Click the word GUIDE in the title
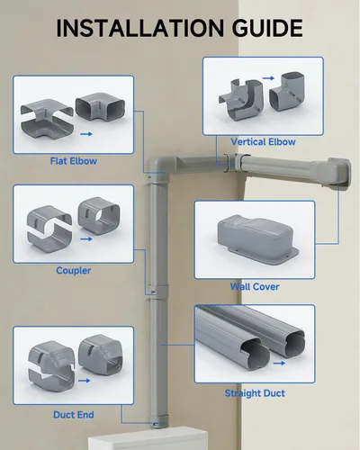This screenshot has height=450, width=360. click(267, 28)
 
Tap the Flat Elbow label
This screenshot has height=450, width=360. click(74, 161)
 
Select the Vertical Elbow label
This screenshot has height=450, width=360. click(263, 142)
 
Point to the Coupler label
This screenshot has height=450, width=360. click(74, 271)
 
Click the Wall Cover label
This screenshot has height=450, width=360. click(255, 286)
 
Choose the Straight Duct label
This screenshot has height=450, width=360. click(255, 393)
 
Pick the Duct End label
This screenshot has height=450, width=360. click(74, 415)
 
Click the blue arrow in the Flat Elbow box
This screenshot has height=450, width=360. click(86, 134)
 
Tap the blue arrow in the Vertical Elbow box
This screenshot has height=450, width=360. click(268, 78)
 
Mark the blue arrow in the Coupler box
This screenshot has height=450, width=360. click(86, 239)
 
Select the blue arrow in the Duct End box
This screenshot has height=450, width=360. click(84, 381)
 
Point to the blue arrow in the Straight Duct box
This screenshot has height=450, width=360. click(279, 363)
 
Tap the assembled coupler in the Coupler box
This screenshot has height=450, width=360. click(99, 215)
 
